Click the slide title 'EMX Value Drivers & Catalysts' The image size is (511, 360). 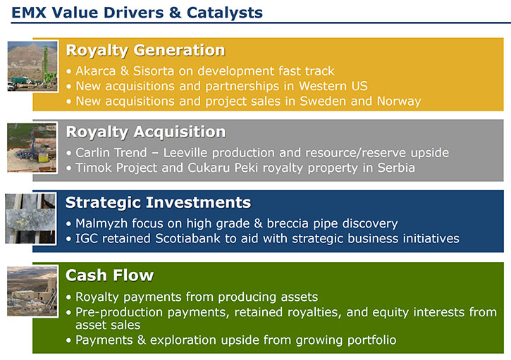coord(137,13)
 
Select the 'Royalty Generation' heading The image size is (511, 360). coord(145,51)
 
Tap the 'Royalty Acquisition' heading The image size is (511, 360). coord(146,132)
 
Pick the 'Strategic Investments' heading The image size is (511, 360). coord(158,203)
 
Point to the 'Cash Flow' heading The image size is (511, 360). coord(109,275)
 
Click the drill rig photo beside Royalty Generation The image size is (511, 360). coord(32,66)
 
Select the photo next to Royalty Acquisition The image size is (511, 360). coord(32,147)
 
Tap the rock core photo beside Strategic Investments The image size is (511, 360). coord(30,218)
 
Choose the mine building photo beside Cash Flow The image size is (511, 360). coord(32,291)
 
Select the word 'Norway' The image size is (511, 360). coord(399,101)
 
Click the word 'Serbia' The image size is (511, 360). coord(396,168)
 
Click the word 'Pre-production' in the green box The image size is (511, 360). coord(119,312)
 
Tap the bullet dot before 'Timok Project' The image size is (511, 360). coord(68,168)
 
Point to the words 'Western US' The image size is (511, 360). coord(333,86)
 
